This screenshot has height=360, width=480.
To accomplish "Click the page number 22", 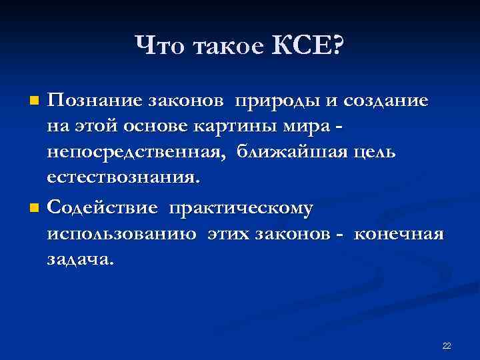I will [447, 345].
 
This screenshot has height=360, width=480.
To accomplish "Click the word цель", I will [373, 153].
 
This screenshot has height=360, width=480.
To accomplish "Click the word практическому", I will [241, 209].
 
